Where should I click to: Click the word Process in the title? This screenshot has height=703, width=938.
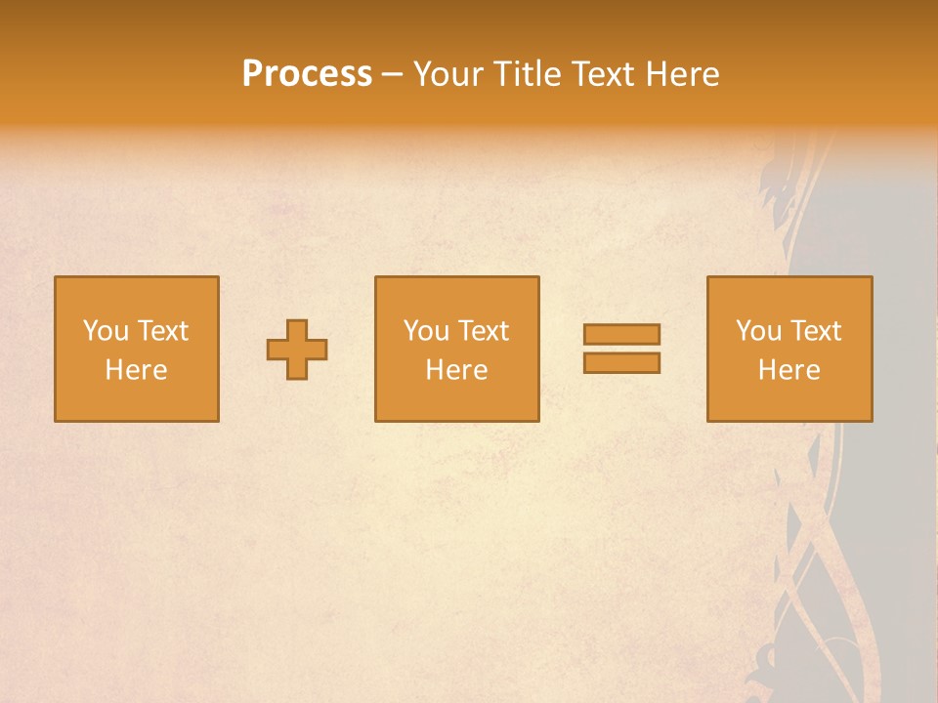tap(307, 74)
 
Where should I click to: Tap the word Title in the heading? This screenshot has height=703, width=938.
tap(530, 74)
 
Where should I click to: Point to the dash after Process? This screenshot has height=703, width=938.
tap(392, 75)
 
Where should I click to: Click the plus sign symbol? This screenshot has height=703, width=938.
tap(297, 350)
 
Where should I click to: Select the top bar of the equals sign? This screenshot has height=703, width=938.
tap(621, 334)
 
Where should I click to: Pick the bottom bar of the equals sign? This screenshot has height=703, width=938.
tap(621, 362)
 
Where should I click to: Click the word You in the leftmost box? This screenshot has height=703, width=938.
tap(105, 331)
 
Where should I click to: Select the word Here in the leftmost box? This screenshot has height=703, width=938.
tap(136, 370)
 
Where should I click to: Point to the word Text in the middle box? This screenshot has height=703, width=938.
tap(483, 331)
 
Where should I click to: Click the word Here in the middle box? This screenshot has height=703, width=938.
tap(456, 370)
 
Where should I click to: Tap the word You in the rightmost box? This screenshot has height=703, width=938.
tap(758, 331)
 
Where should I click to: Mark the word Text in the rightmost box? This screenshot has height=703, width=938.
tap(815, 331)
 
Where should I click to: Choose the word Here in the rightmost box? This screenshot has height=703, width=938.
tap(789, 370)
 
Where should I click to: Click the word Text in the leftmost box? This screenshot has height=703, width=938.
tap(162, 331)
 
